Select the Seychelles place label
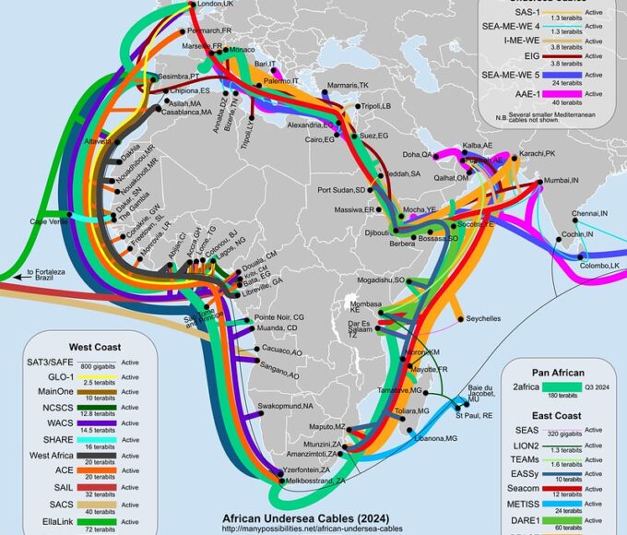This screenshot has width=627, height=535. tap(483, 318)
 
